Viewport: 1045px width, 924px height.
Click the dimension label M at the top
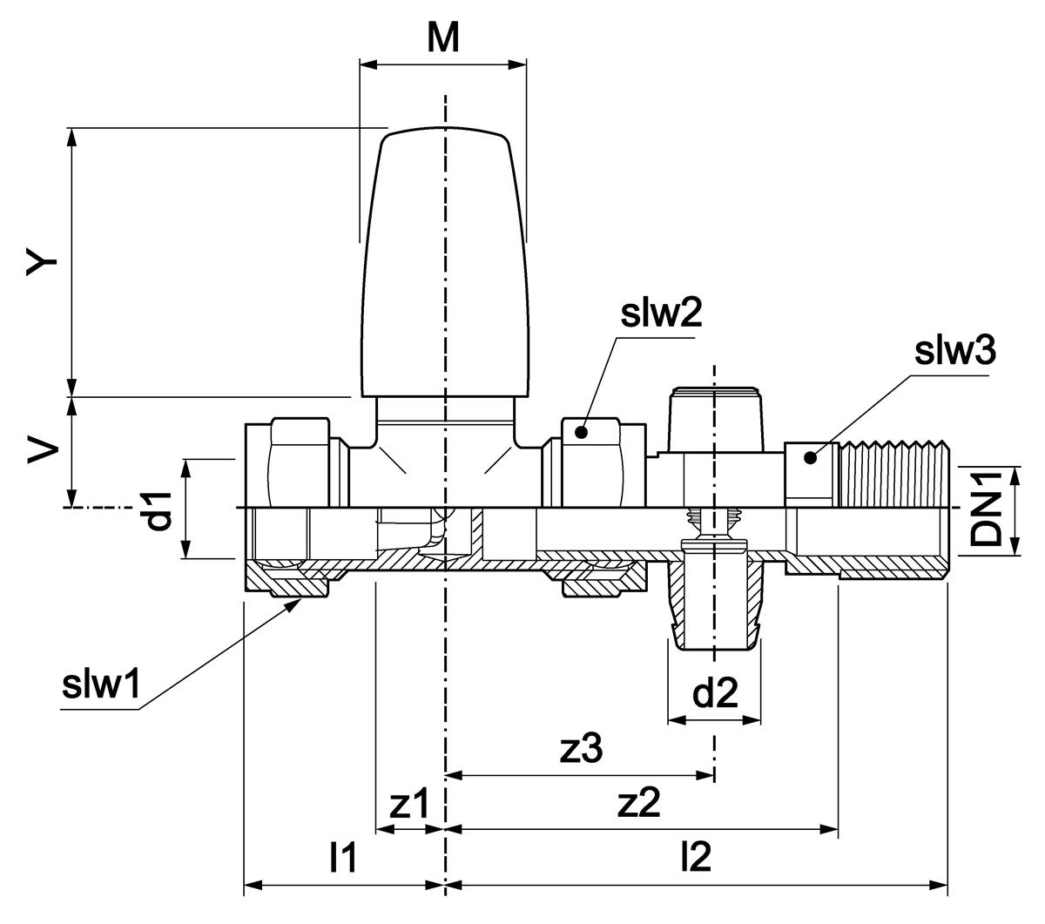442,38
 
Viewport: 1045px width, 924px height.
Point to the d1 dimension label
158,512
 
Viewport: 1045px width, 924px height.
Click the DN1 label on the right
985,509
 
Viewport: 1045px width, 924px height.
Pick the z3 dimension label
581,749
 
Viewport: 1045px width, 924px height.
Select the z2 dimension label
638,803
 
